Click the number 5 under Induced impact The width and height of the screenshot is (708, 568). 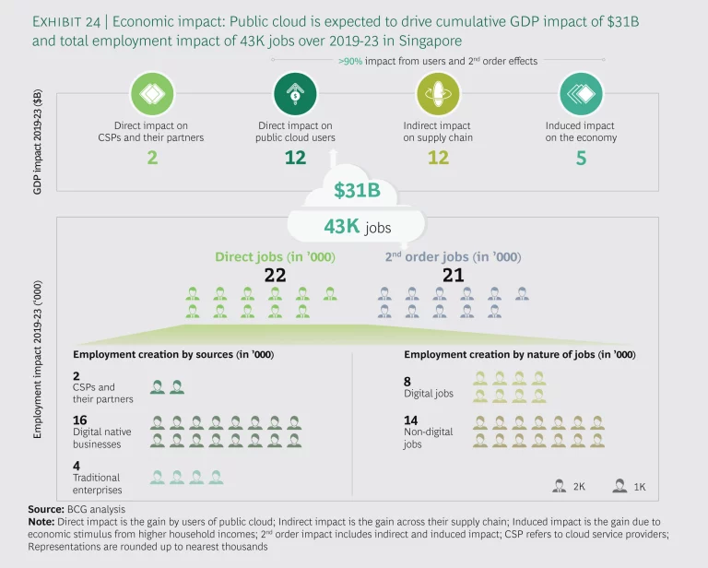(x=581, y=159)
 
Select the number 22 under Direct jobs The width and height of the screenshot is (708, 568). (x=274, y=275)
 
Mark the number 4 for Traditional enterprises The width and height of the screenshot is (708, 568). (x=76, y=465)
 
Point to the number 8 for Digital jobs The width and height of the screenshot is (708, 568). (x=407, y=381)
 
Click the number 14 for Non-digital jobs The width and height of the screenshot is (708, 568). (x=411, y=420)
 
